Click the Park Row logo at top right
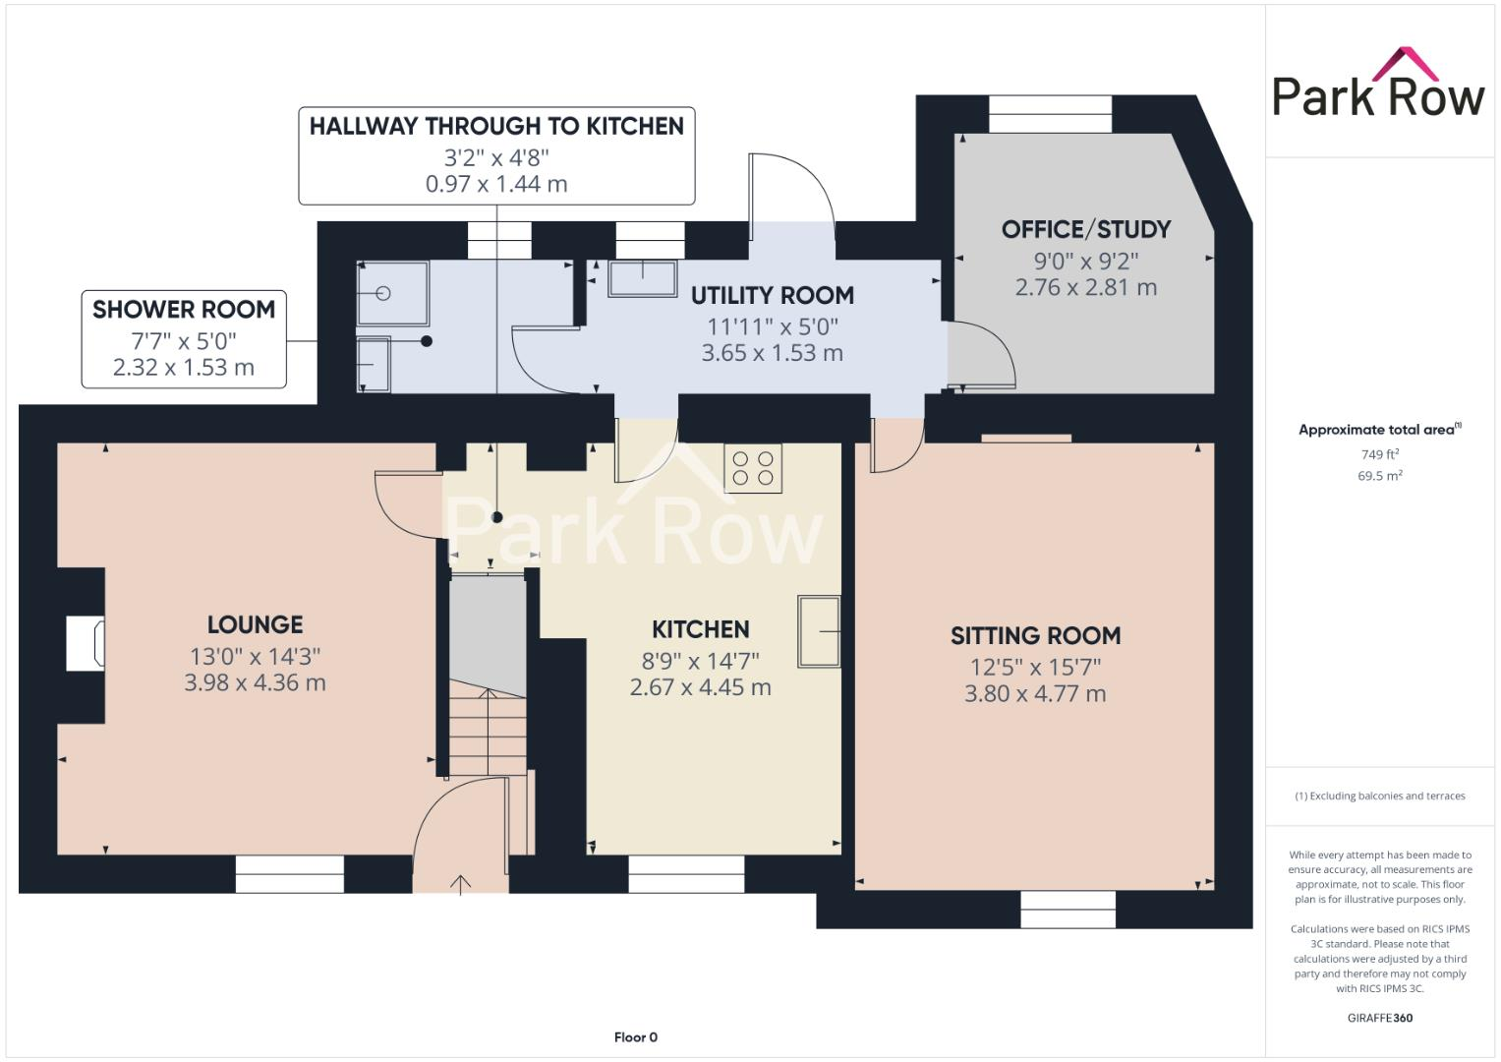[x=1378, y=85]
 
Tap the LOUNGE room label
[x=255, y=624]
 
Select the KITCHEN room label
[x=700, y=629]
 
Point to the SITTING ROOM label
[x=1035, y=636]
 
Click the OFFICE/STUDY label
[x=1085, y=229]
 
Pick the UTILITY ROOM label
[x=772, y=295]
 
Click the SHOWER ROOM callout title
[x=184, y=310]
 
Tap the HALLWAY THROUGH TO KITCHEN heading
[x=496, y=126]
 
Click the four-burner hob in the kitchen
[x=753, y=468]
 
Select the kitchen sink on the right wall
[x=819, y=631]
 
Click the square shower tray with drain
[x=392, y=293]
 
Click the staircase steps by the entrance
[x=489, y=732]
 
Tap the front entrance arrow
[x=460, y=883]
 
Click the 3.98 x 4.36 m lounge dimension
[x=255, y=682]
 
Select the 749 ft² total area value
[x=1379, y=454]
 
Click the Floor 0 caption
[x=635, y=1037]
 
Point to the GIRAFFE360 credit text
[x=1379, y=1018]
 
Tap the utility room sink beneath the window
[x=643, y=278]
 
